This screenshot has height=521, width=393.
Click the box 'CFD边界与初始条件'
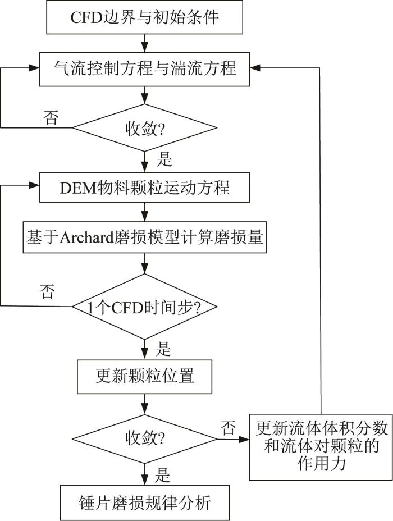(144, 17)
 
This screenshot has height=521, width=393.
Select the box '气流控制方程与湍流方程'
(144, 69)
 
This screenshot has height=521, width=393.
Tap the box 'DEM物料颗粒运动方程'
(144, 188)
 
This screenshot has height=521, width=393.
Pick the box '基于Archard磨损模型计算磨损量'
(144, 237)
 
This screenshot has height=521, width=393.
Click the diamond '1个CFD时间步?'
(144, 307)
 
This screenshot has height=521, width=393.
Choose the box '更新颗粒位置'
(144, 377)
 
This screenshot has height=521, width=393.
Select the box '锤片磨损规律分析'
(144, 502)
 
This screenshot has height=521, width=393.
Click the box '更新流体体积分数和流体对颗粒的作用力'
(321, 447)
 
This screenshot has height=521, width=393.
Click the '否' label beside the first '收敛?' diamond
(51, 118)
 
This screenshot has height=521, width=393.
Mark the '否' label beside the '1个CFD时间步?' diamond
(47, 291)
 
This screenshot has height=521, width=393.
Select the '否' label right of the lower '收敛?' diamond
(229, 428)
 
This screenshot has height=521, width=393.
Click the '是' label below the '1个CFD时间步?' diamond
(163, 349)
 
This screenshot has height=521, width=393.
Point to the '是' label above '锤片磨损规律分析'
(162, 476)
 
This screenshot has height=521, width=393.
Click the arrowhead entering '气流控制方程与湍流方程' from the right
(255, 68)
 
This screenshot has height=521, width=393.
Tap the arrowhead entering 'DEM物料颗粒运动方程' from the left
(34, 185)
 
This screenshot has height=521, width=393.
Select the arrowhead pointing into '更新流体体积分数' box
(244, 440)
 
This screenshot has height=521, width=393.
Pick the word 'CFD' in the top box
(86, 17)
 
